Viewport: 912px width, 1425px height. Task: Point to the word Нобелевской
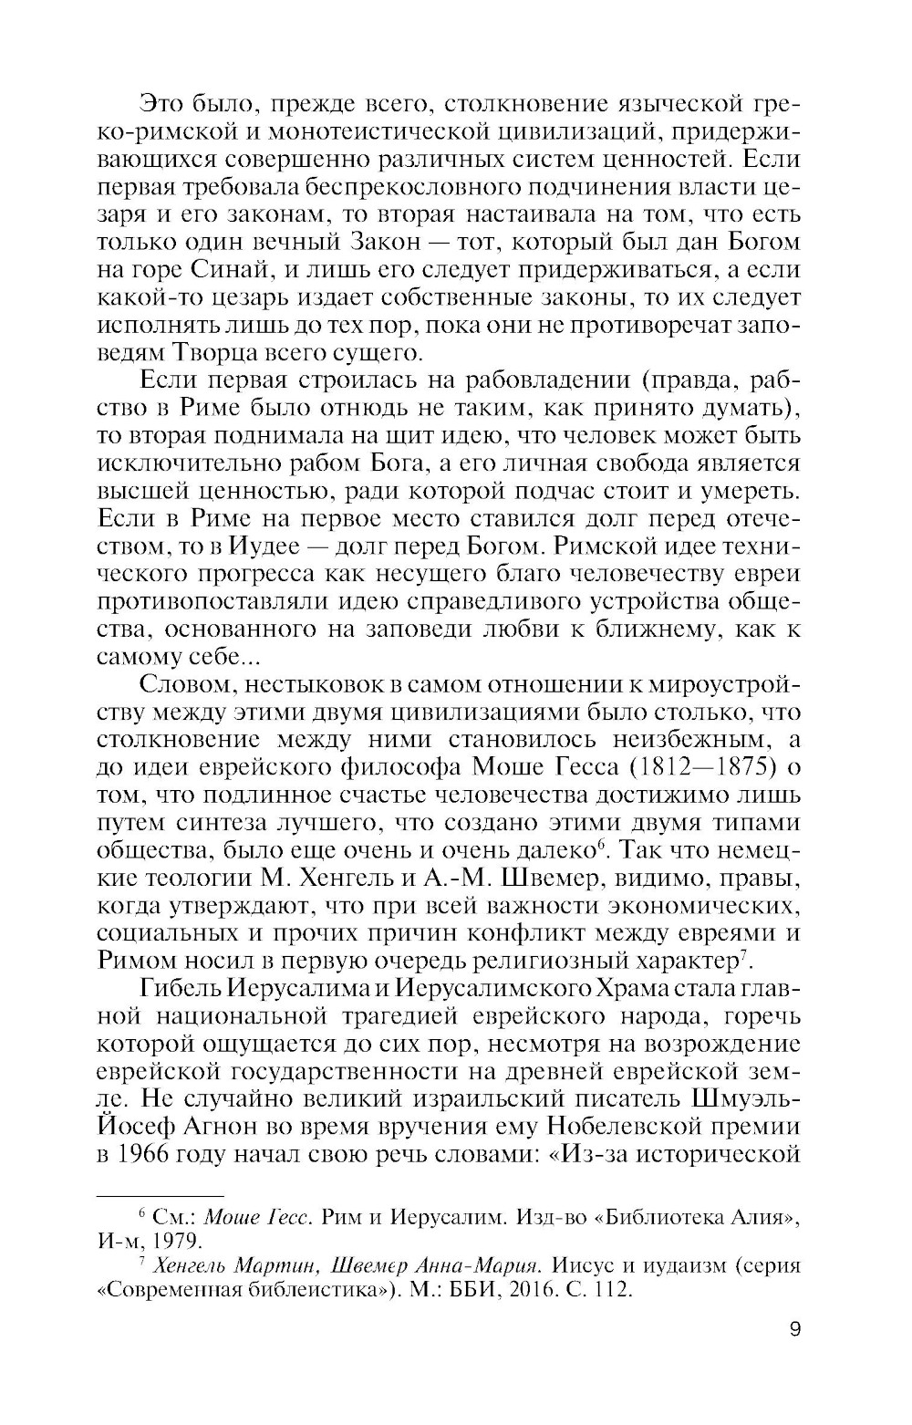[604, 1125]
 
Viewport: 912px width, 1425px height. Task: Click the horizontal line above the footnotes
[160, 1195]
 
